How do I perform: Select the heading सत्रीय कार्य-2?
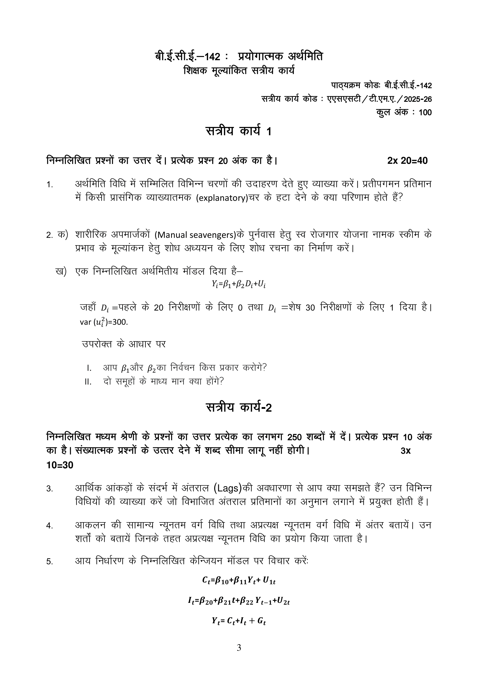pos(238,407)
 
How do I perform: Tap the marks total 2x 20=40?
pos(407,161)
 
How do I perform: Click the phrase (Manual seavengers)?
pos(195,235)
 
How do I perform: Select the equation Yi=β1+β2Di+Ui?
pos(238,284)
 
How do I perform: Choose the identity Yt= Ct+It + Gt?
pos(239,621)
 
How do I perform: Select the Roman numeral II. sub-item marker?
pos(88,382)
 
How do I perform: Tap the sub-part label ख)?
pos(61,271)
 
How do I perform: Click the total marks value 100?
pos(425,112)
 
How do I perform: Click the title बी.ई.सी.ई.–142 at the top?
pos(188,56)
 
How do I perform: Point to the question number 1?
pos(49,185)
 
